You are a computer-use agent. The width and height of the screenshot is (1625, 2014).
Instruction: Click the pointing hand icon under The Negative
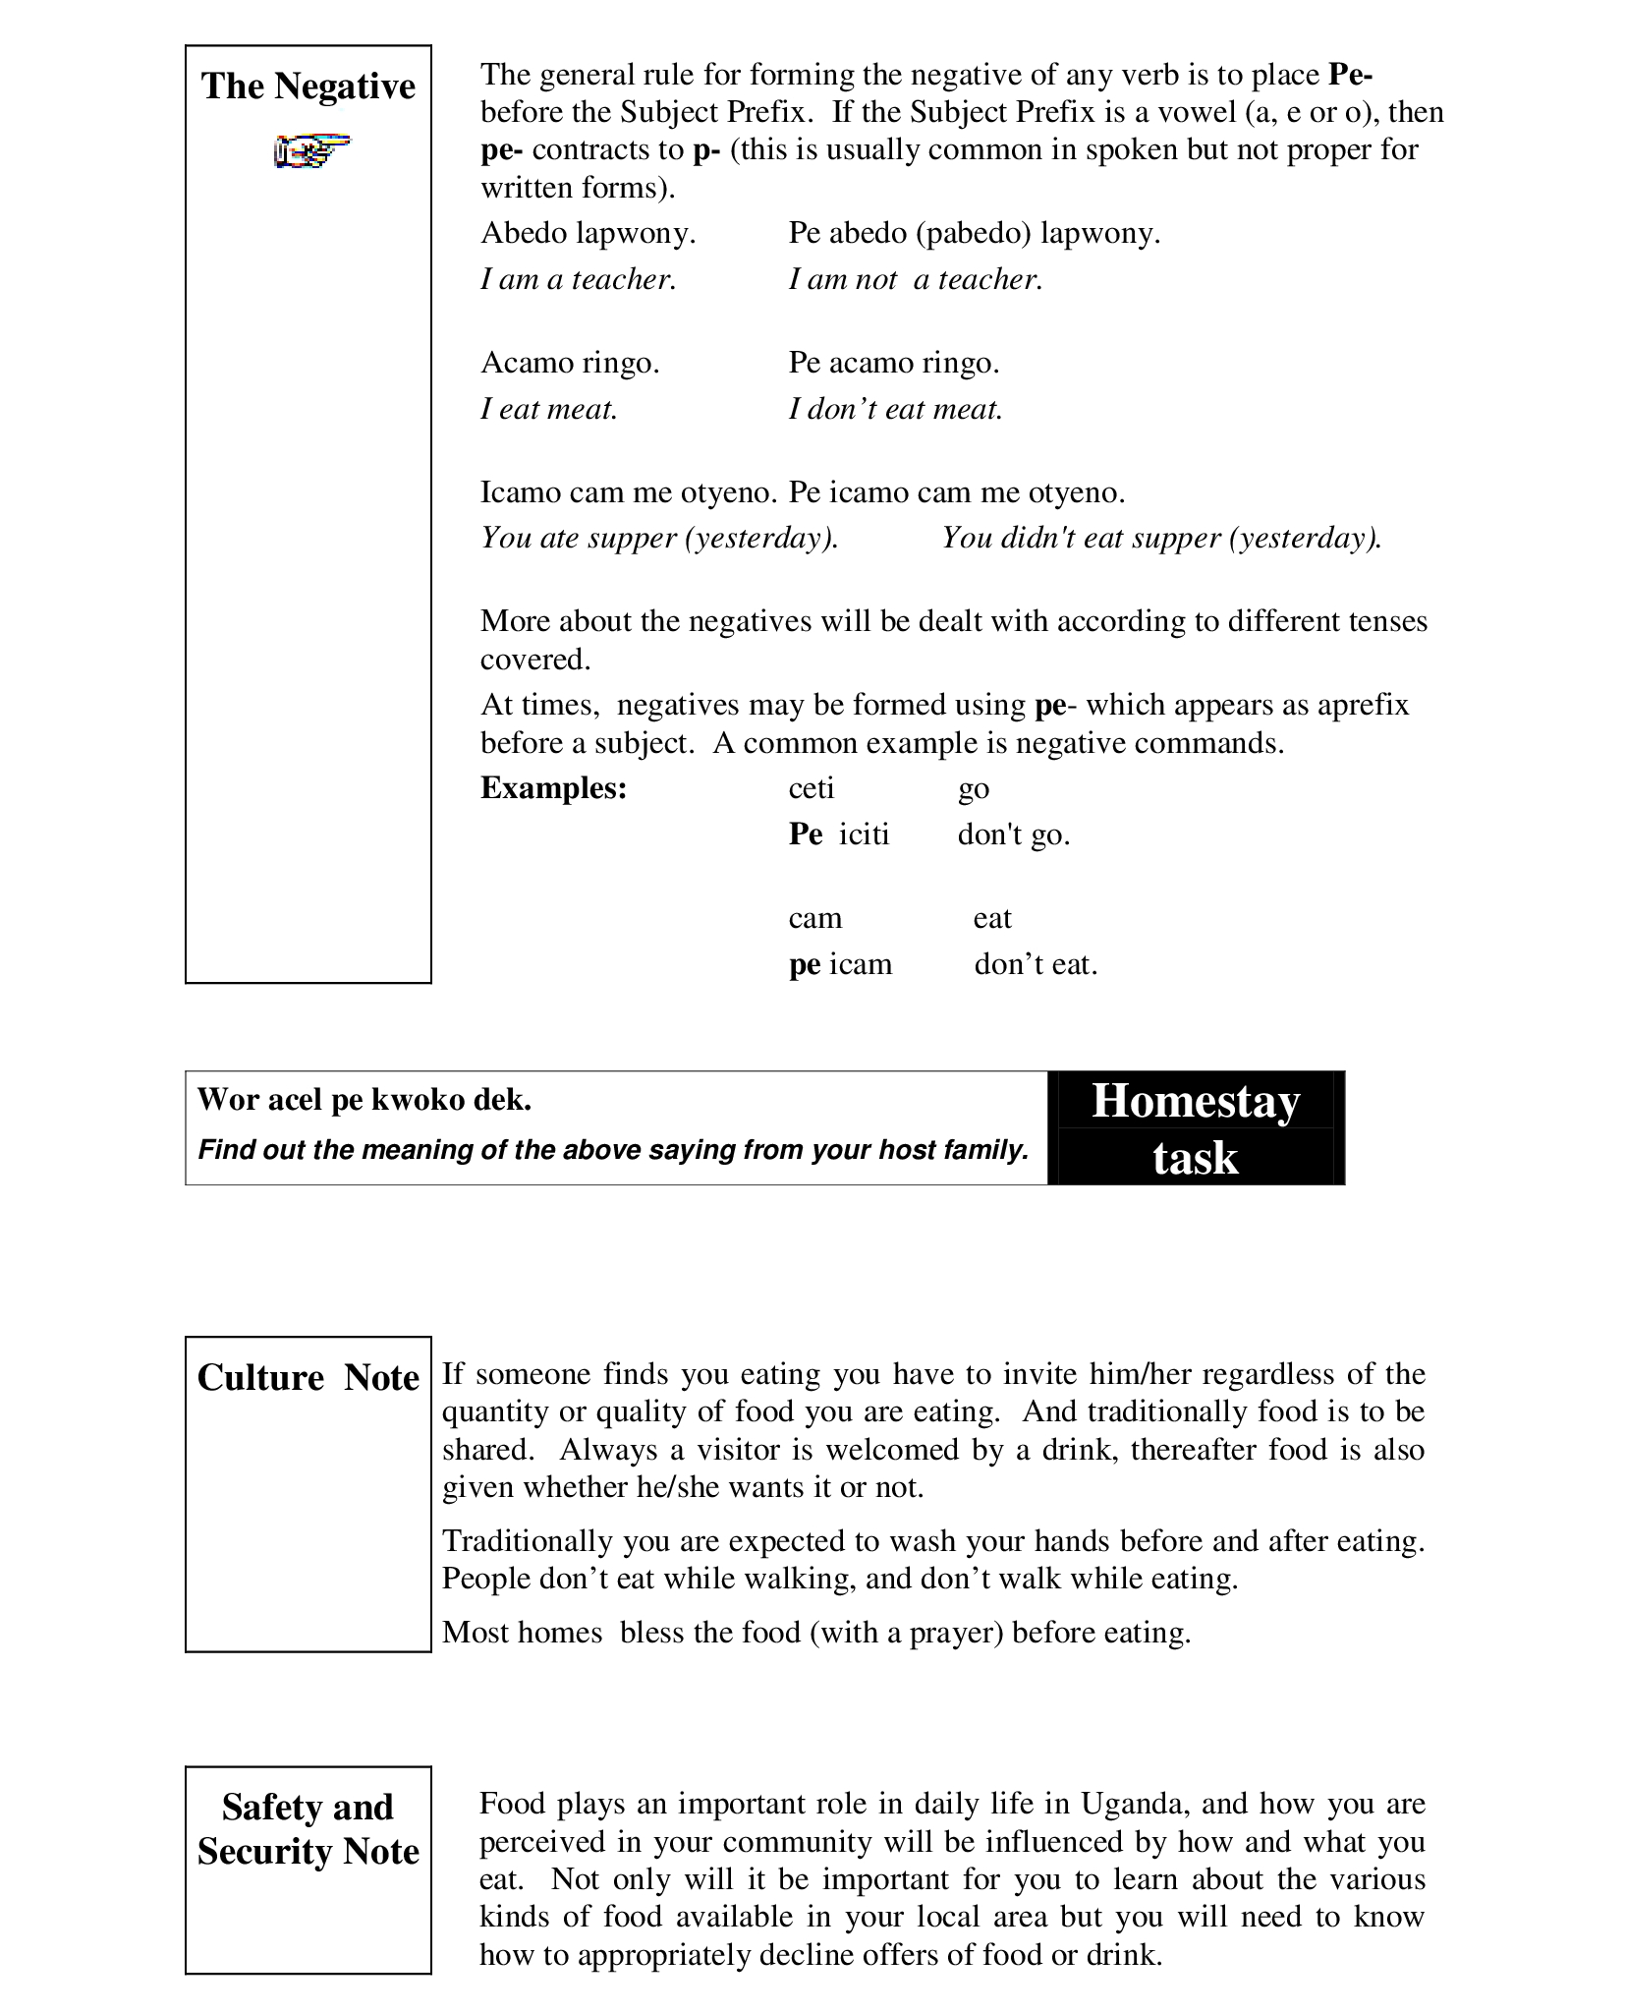click(310, 150)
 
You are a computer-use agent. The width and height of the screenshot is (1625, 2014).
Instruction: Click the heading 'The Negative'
click(308, 86)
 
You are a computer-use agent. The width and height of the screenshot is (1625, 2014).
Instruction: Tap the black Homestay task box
click(1196, 1128)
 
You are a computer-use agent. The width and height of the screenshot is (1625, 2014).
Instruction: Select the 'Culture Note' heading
click(308, 1378)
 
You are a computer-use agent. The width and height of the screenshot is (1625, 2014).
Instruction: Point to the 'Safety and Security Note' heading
click(308, 1829)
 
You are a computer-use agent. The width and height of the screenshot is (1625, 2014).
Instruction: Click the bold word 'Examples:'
click(553, 788)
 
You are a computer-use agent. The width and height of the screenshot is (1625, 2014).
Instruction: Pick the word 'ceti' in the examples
click(812, 788)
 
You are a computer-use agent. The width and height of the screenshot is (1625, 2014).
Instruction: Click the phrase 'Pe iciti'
click(839, 834)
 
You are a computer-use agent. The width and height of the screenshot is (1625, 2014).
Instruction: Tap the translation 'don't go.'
click(1014, 834)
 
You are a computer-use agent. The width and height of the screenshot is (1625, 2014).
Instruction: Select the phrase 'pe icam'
click(840, 964)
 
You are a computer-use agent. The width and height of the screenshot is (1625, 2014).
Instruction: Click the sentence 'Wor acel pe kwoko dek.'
click(364, 1100)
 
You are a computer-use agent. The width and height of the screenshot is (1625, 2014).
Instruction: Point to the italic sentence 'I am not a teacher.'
click(915, 280)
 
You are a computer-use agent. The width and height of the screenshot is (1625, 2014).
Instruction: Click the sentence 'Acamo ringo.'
click(570, 364)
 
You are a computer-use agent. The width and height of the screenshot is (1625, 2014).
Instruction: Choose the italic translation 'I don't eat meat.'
click(895, 409)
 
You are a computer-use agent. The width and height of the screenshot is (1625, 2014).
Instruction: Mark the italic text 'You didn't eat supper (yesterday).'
click(1161, 539)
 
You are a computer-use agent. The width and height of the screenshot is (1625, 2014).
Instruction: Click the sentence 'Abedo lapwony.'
click(588, 234)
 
